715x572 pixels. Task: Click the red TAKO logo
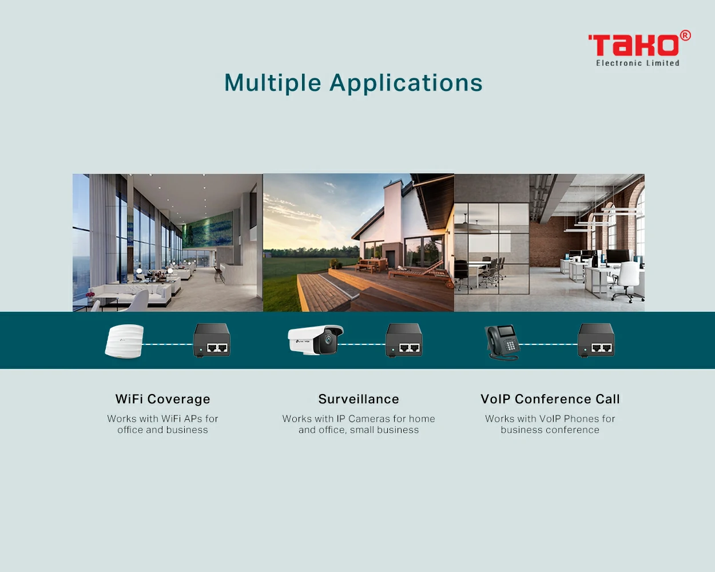[634, 45]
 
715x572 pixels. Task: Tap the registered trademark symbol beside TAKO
[685, 35]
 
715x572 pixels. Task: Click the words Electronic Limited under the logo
[637, 63]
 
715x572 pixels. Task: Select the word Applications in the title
[406, 83]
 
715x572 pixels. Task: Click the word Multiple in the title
[273, 83]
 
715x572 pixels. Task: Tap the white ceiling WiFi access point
[124, 341]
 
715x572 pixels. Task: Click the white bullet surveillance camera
[315, 340]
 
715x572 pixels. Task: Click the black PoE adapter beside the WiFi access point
[212, 340]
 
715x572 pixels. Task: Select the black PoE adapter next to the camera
[404, 340]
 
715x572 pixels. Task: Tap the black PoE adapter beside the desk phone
[596, 340]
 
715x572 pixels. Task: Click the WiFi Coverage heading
[163, 399]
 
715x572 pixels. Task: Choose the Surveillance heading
[359, 399]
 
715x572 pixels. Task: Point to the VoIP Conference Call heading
[550, 399]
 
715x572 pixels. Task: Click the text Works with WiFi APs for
[162, 419]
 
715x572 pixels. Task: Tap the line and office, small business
[359, 430]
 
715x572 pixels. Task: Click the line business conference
[550, 430]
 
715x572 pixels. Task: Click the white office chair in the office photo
[626, 281]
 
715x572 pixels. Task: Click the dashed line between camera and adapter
[362, 344]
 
